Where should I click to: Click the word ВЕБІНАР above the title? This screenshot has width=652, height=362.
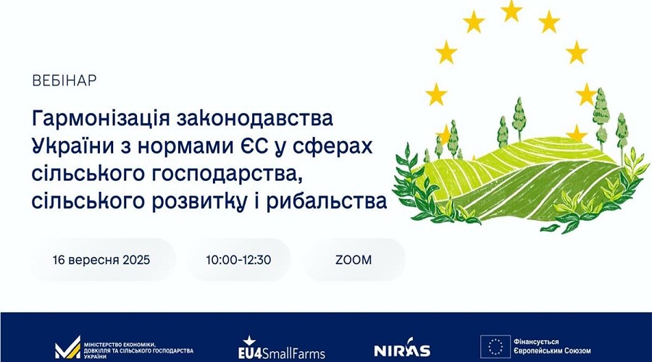coord(64,80)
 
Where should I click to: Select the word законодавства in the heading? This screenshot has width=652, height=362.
coord(255,119)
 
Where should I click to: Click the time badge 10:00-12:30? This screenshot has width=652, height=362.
coord(238,260)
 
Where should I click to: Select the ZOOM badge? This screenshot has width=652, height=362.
coord(354,260)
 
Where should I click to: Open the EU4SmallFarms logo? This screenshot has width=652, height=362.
coord(282,348)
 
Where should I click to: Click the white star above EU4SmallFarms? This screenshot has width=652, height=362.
coord(249,341)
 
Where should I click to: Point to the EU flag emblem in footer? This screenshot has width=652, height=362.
coord(496,347)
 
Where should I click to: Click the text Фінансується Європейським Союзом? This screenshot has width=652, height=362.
coord(552,347)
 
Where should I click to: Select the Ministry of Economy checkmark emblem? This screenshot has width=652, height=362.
coord(68,348)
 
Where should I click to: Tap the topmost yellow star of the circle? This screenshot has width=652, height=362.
coord(511,10)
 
